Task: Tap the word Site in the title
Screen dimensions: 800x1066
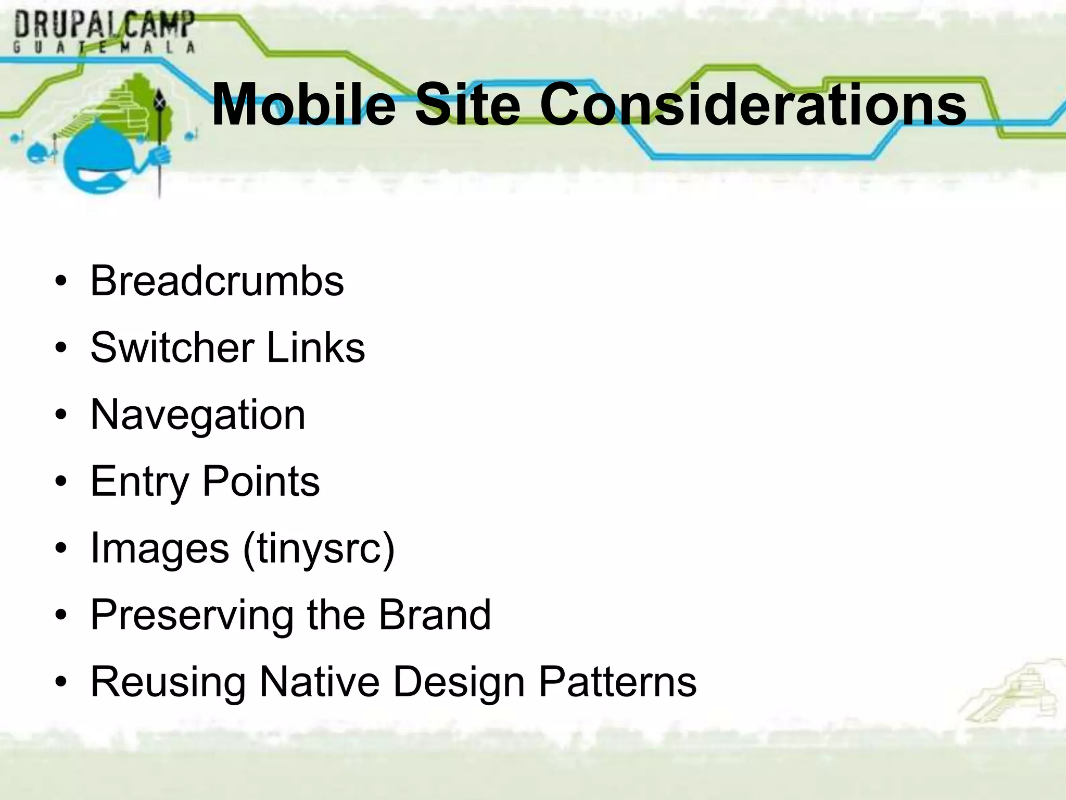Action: click(x=467, y=105)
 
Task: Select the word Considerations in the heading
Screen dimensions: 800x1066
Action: click(x=753, y=105)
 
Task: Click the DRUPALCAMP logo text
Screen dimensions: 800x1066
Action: click(x=104, y=24)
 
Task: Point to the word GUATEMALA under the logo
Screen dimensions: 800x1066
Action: click(x=104, y=47)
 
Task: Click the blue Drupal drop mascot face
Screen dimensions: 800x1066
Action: click(x=104, y=161)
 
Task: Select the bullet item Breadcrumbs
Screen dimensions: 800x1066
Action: click(x=217, y=281)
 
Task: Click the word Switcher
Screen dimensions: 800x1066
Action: click(x=172, y=348)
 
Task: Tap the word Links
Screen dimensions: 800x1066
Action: click(x=315, y=348)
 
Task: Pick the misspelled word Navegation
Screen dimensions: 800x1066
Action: click(x=198, y=415)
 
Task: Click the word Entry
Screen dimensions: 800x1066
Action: click(x=139, y=482)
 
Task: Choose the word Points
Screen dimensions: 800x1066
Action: click(x=261, y=482)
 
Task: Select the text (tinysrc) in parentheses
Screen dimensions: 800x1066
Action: click(x=319, y=549)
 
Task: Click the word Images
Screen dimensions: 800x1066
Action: click(x=159, y=549)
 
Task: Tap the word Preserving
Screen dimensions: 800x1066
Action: click(x=192, y=616)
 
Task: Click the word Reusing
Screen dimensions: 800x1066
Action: click(x=168, y=682)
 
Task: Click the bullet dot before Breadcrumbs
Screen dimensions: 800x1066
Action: click(x=61, y=282)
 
